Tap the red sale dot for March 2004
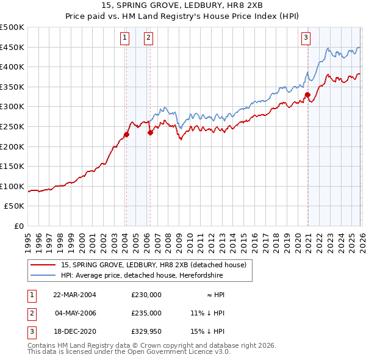[126, 135]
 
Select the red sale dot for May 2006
[149, 132]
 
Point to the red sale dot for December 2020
[307, 95]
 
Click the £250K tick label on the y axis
[12, 126]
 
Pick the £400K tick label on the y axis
[12, 67]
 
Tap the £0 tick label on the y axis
[18, 226]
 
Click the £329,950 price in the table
[146, 331]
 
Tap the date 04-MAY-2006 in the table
[76, 313]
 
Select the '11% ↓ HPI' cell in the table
[207, 313]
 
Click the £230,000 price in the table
[146, 295]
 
